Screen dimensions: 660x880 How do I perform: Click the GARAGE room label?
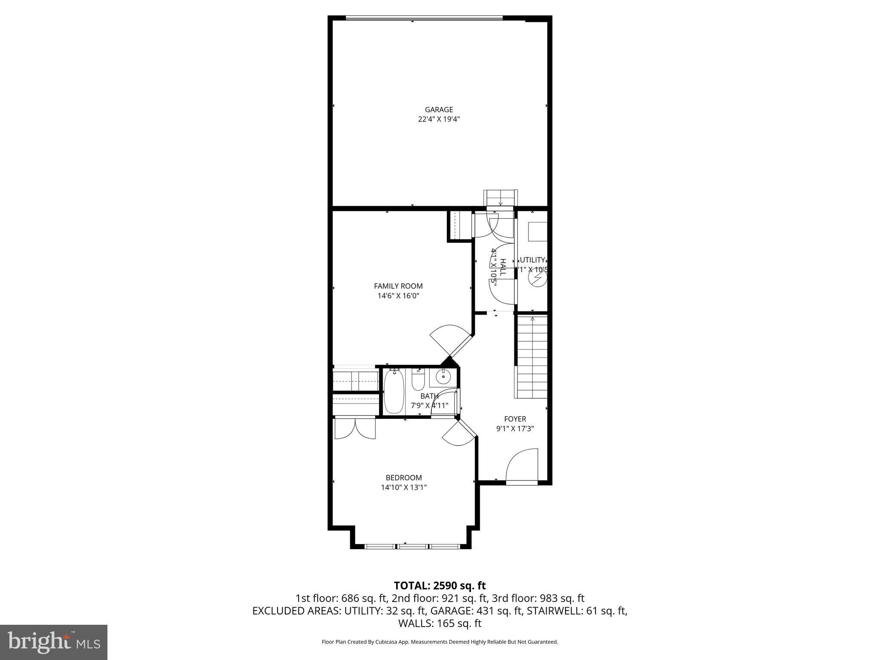[439, 110]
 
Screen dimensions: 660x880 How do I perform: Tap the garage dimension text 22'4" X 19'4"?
[439, 119]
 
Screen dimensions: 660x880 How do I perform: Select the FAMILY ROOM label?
[398, 286]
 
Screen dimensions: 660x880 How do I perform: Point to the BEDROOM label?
[403, 477]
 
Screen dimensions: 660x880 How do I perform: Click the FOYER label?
[515, 419]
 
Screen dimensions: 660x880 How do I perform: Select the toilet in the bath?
[418, 379]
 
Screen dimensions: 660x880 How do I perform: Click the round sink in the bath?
[443, 377]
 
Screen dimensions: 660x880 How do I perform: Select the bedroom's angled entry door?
[459, 434]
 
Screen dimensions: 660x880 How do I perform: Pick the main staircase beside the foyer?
[532, 357]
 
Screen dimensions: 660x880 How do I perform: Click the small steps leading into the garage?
[501, 198]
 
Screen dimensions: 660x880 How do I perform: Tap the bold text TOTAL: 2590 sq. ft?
[440, 586]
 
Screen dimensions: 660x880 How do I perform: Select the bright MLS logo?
[54, 642]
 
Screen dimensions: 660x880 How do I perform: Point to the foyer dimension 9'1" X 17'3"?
[515, 428]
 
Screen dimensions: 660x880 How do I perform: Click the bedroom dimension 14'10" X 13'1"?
[403, 487]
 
